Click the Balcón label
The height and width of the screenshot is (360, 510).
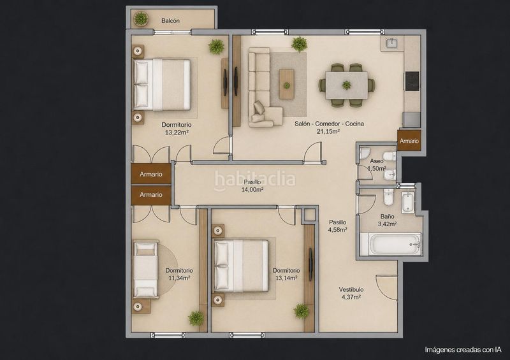[x=170, y=21]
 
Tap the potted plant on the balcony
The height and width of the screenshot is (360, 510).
[x=141, y=18]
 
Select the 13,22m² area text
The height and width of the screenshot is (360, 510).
[x=177, y=133]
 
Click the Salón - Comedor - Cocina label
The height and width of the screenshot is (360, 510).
[x=329, y=124]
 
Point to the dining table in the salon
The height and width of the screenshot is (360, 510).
[x=347, y=85]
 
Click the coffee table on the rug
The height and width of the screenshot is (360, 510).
[x=286, y=84]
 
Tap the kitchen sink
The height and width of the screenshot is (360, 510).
[x=392, y=43]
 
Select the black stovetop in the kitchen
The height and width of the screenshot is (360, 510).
[x=412, y=82]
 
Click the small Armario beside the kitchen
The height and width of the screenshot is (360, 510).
[x=409, y=141]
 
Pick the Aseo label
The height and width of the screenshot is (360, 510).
[x=377, y=161]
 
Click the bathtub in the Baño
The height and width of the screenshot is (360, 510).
[x=391, y=244]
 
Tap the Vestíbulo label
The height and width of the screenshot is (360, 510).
[x=351, y=289]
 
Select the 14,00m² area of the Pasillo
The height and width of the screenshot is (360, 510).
[x=252, y=190]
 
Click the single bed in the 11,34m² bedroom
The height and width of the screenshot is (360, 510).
[x=145, y=270]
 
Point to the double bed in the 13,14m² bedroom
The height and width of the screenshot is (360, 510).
[x=241, y=266]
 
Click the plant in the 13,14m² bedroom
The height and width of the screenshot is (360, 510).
[x=302, y=311]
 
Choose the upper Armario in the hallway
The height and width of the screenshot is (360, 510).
[x=151, y=174]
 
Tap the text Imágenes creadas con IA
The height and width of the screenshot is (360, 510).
[x=463, y=350]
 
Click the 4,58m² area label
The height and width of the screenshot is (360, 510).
[x=338, y=229]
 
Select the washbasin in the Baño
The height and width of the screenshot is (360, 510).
[x=407, y=202]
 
